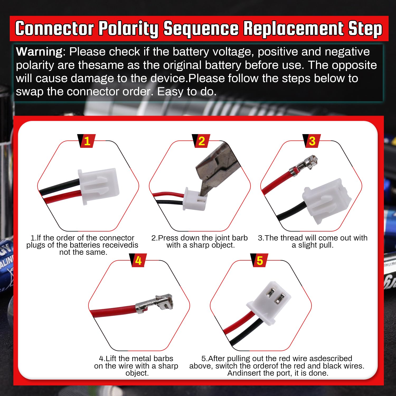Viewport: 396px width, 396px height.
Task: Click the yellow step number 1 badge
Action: (87, 141)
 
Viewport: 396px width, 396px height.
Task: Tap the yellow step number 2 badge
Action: (201, 141)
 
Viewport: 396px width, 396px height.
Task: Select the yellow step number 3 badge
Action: (312, 141)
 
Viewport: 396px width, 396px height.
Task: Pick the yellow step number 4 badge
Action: (138, 261)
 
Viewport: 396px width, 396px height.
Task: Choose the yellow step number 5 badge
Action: (260, 261)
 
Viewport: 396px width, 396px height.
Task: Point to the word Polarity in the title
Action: (128, 29)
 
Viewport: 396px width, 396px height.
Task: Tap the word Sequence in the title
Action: (201, 29)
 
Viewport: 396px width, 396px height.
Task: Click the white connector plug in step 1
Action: (98, 186)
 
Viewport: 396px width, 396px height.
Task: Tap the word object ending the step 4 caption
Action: (137, 373)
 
